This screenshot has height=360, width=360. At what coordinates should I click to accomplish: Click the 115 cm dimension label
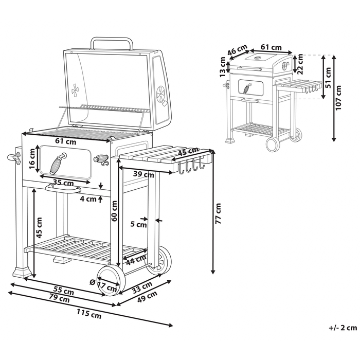coord(89,312)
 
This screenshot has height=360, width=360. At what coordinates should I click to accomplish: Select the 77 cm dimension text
coord(218,213)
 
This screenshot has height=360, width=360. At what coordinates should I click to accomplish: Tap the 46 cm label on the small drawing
coord(238,51)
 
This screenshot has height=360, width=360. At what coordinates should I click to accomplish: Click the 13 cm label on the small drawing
coord(223,67)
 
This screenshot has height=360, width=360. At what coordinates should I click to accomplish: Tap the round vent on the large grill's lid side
coord(161,95)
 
